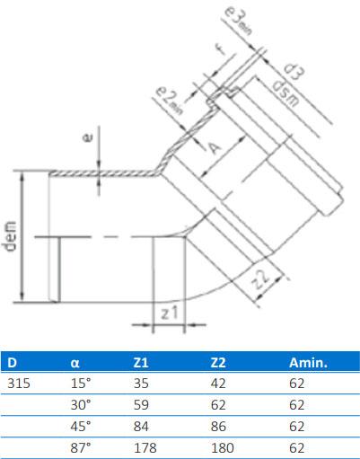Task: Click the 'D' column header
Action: (x=13, y=363)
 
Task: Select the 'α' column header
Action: (x=75, y=363)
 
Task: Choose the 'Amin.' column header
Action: (x=307, y=363)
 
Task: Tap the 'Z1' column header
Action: (x=139, y=363)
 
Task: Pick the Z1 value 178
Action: (x=143, y=446)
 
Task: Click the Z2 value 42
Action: (x=216, y=384)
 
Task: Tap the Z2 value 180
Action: (x=220, y=446)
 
